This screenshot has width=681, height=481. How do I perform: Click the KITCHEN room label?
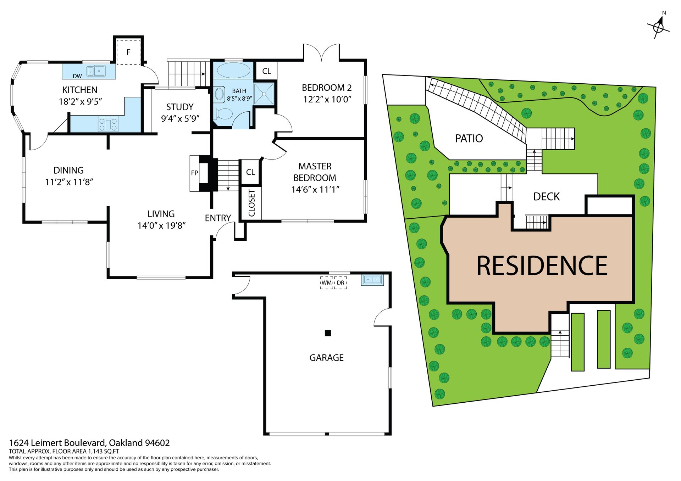click(x=80, y=90)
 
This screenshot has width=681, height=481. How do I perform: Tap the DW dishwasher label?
click(x=77, y=76)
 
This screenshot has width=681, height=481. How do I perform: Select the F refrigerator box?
click(x=128, y=52)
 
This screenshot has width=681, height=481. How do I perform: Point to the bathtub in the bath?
click(x=233, y=70)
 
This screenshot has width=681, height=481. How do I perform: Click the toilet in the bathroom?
click(x=223, y=114)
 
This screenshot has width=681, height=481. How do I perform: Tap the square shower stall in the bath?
click(x=264, y=94)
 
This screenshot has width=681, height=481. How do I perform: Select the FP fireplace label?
click(x=194, y=173)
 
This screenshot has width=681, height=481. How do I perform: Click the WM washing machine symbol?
click(x=327, y=283)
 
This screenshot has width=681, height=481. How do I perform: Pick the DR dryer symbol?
click(x=340, y=283)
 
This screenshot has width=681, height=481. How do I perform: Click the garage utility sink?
click(x=372, y=280)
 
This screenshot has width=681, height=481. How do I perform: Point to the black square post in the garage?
click(x=328, y=333)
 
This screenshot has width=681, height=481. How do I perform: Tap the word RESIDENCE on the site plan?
click(x=542, y=265)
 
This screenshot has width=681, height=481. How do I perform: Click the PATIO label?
click(x=469, y=138)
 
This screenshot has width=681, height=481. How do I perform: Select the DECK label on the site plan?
click(x=546, y=197)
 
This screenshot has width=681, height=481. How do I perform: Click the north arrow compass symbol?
click(x=659, y=26)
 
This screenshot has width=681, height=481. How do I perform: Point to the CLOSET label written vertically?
click(x=252, y=203)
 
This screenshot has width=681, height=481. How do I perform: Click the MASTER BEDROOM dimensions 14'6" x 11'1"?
click(x=315, y=190)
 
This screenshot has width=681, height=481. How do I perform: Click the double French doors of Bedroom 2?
click(x=321, y=52)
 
